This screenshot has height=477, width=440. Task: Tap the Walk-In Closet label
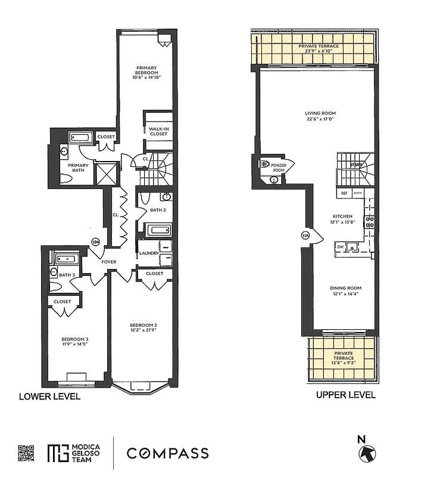pyautogui.click(x=158, y=131)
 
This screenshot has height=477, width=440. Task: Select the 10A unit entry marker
pyautogui.click(x=95, y=241)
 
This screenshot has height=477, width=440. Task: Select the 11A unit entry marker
pyautogui.click(x=305, y=236)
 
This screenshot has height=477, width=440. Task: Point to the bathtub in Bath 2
pyautogui.click(x=159, y=229)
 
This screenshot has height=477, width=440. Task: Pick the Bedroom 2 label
pyautogui.click(x=142, y=325)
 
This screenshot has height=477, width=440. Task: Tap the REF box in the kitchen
pyautogui.click(x=344, y=193)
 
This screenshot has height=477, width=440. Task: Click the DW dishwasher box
pyautogui.click(x=340, y=246)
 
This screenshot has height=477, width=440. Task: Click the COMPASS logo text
pyautogui.click(x=167, y=453)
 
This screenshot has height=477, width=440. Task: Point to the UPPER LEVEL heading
pyautogui.click(x=345, y=395)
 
